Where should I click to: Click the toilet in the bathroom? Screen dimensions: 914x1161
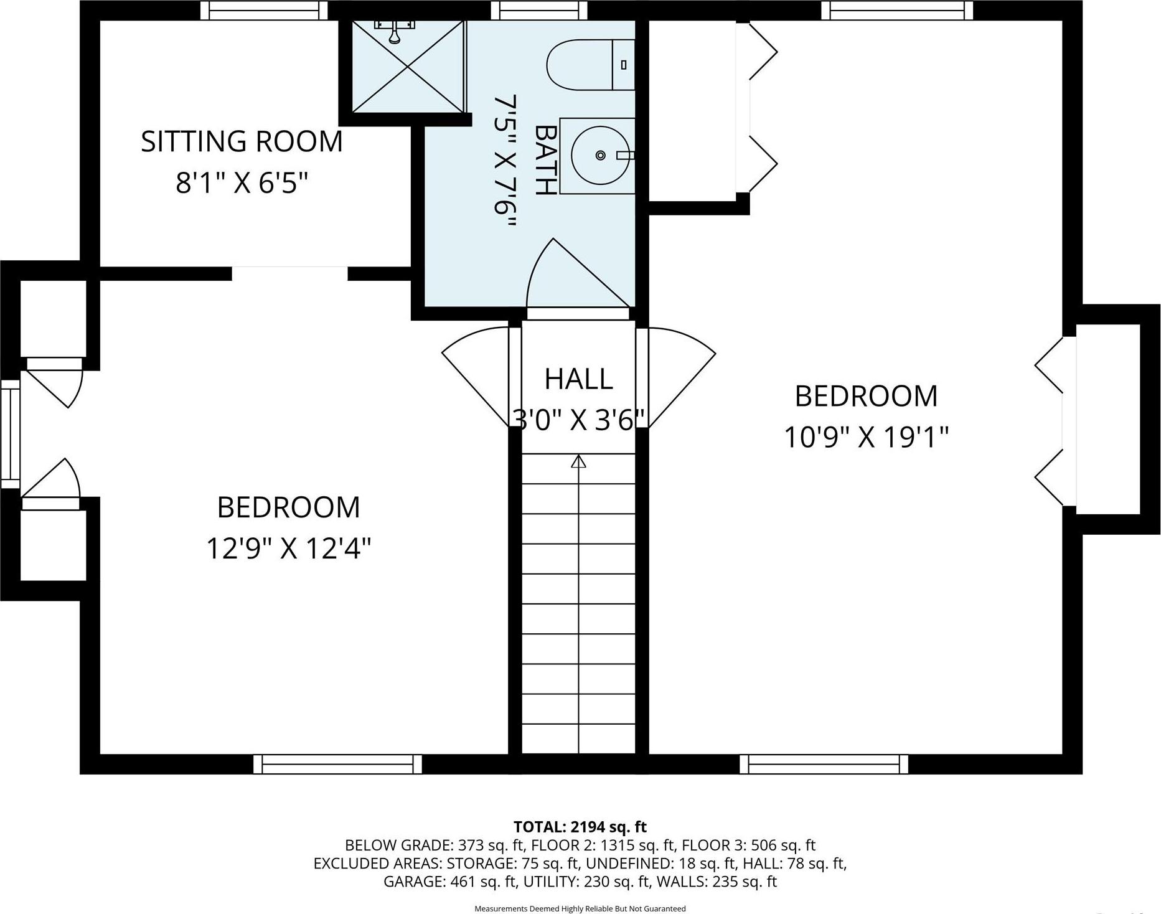coord(588,65)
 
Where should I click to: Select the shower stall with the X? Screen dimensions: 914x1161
coord(408,67)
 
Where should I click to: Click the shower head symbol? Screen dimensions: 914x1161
coord(394,31)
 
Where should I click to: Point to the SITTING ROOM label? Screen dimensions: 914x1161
coord(242,141)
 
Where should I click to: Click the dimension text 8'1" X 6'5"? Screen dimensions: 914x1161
coord(242,183)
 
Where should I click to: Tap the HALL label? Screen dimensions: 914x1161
coord(578,379)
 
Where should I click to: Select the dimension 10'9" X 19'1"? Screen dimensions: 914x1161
coord(865,437)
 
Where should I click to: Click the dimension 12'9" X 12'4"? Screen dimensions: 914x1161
coord(288,549)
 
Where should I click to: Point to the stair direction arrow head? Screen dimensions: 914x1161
coord(579,461)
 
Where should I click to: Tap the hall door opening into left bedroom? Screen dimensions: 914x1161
coord(476,374)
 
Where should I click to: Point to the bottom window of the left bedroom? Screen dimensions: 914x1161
coord(337,764)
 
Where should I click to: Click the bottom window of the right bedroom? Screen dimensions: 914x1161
coord(824,764)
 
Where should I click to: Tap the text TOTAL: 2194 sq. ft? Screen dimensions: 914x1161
coord(580,827)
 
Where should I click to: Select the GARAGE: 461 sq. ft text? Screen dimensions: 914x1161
coord(449,882)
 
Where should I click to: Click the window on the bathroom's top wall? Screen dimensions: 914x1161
coord(539,10)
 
